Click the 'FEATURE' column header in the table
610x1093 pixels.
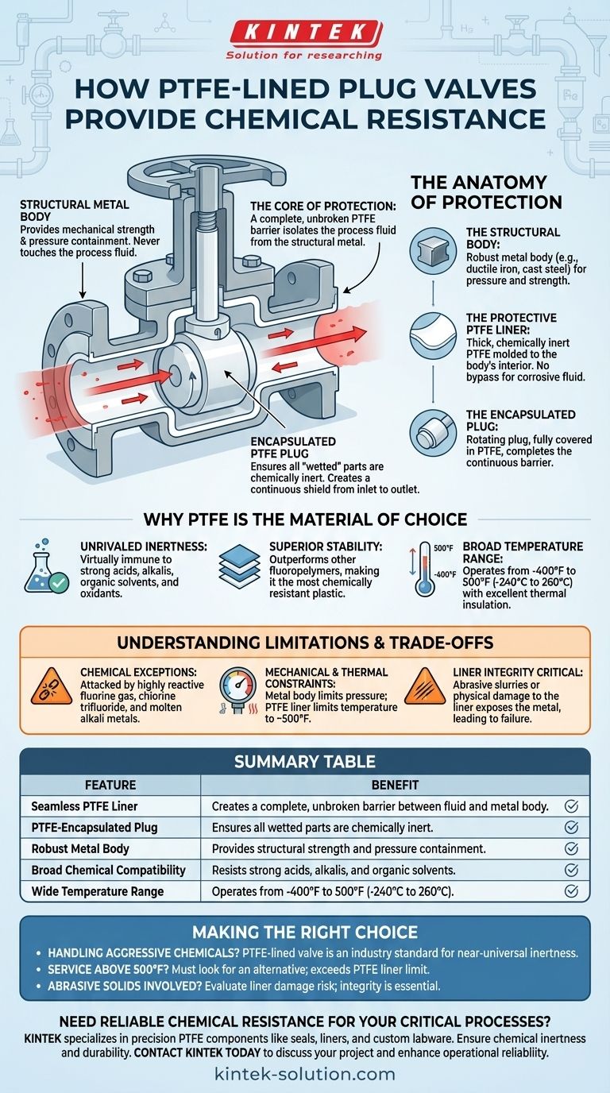(x=110, y=785)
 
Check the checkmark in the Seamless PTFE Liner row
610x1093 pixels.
(x=570, y=806)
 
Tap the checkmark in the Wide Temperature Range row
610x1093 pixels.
(x=570, y=891)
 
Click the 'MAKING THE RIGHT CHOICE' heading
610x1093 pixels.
(x=304, y=932)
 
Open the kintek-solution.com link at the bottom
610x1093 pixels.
(x=304, y=1074)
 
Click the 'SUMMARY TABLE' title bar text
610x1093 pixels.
(x=304, y=762)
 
